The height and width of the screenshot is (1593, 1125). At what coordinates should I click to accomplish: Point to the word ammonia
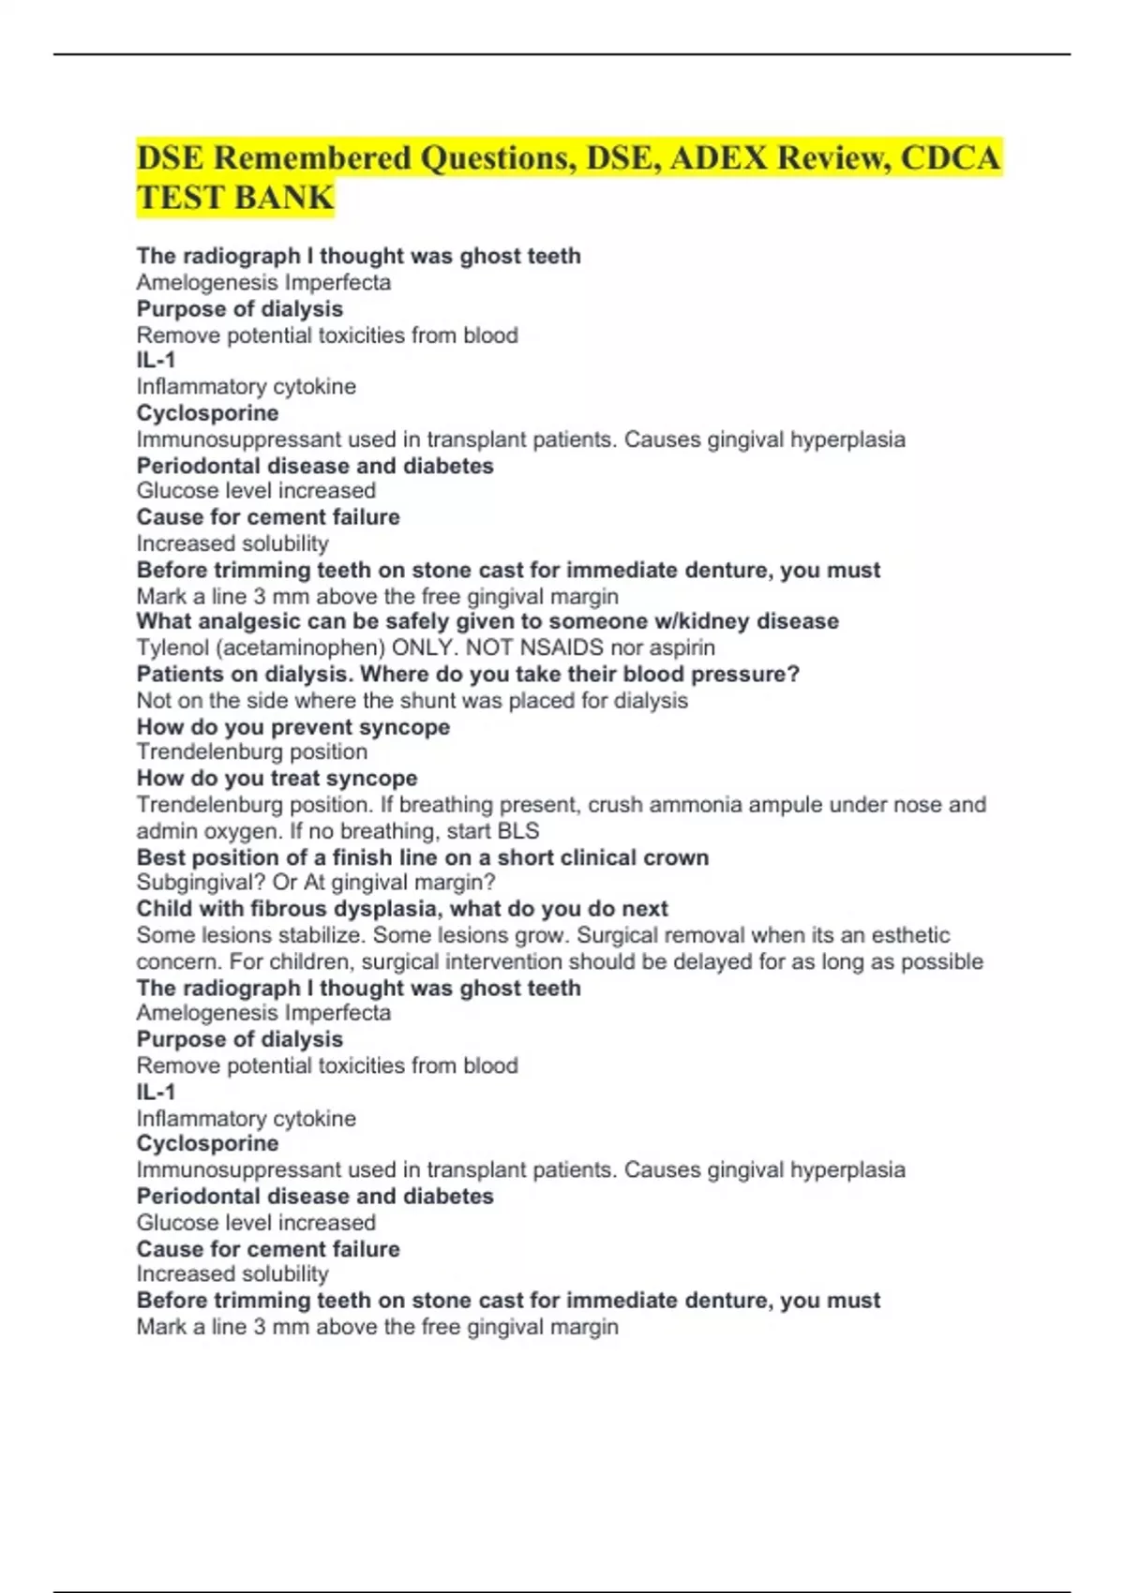click(x=689, y=804)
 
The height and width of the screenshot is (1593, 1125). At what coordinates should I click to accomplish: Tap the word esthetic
click(x=910, y=935)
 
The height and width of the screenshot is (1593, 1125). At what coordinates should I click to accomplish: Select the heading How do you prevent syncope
click(x=293, y=727)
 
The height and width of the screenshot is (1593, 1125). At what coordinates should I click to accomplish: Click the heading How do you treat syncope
click(x=277, y=778)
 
